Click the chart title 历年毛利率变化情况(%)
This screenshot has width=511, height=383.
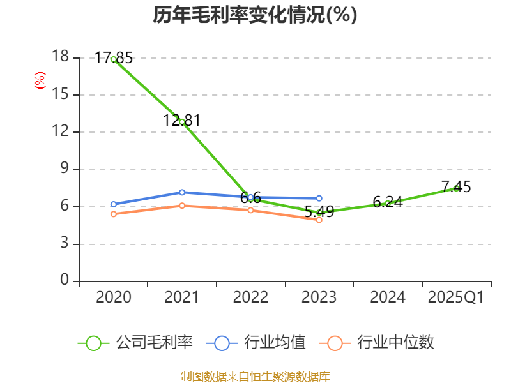coord(255,15)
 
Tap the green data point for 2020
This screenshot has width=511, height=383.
coord(113,59)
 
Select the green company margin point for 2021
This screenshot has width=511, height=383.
coord(182,121)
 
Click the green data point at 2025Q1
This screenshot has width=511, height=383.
coord(456,188)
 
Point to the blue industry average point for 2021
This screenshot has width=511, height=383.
coord(182,192)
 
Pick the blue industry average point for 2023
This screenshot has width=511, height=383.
coord(319,199)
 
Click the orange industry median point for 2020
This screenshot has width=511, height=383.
coord(113,214)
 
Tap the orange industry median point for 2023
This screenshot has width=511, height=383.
coord(319,220)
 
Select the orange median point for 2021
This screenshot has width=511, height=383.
coord(182,206)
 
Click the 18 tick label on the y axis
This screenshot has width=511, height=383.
coord(60,57)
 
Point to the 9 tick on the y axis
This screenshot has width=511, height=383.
coord(65,169)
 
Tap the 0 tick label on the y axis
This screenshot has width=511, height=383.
coord(65,281)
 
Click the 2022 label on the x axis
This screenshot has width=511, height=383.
coord(250,297)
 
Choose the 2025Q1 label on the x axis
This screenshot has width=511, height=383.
coord(456,297)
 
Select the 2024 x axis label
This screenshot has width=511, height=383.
coord(388,297)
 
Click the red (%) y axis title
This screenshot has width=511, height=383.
coord(40,80)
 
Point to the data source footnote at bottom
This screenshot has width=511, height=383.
coord(255,376)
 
